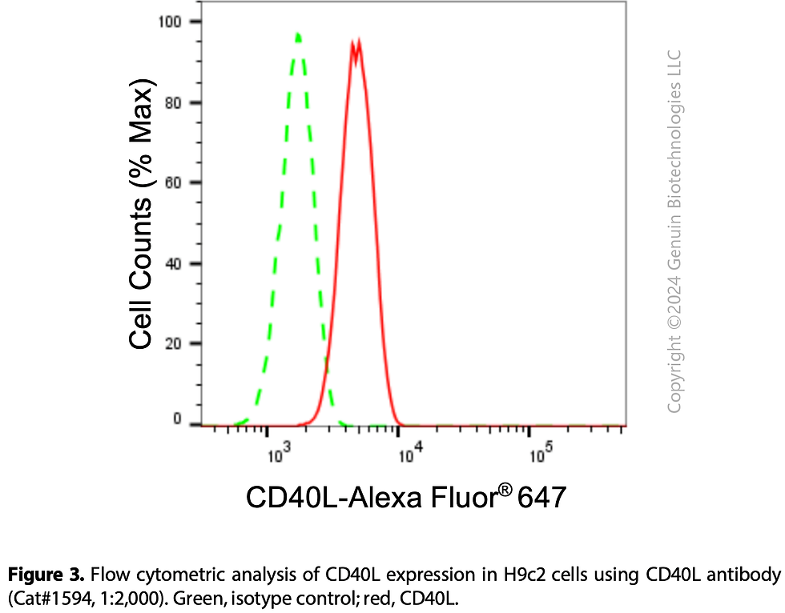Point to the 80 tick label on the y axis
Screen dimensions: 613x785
coord(171,102)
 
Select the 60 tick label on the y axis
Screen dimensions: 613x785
coord(171,182)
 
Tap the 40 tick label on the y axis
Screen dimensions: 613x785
coord(171,263)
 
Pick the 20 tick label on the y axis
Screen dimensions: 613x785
coord(171,343)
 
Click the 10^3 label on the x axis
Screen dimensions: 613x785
coord(278,458)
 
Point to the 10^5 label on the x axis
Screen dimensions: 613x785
coord(541,458)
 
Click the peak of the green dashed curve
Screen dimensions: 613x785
coord(298,34)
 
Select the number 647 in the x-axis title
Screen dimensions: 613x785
coord(542,498)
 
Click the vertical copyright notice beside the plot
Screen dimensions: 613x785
coord(674,232)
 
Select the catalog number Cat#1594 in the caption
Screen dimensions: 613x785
coord(41,596)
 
